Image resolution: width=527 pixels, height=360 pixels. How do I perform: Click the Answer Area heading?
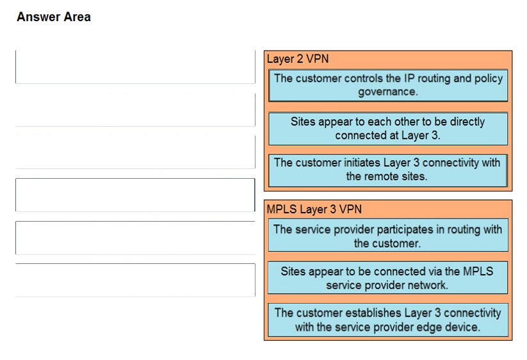coord(54,17)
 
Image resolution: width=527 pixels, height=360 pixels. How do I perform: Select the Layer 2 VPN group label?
coord(298,59)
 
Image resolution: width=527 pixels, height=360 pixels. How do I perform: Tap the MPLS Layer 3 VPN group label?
coord(314,209)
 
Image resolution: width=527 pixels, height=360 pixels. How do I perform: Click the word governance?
coord(388,92)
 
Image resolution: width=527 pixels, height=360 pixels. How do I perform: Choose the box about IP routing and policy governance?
coord(388,85)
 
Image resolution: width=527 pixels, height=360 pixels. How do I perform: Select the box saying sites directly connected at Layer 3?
coord(388,129)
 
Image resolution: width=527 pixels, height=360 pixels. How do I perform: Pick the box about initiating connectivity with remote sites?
coord(388,170)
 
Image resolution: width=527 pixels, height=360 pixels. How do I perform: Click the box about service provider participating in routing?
coord(388,235)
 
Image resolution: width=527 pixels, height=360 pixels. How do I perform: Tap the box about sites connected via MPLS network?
coord(388,277)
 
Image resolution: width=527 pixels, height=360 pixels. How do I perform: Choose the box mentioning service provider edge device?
coord(388,320)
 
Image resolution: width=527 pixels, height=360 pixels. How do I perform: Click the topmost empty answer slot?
coord(135,67)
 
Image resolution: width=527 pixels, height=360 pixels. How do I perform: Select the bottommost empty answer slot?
coord(135,280)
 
